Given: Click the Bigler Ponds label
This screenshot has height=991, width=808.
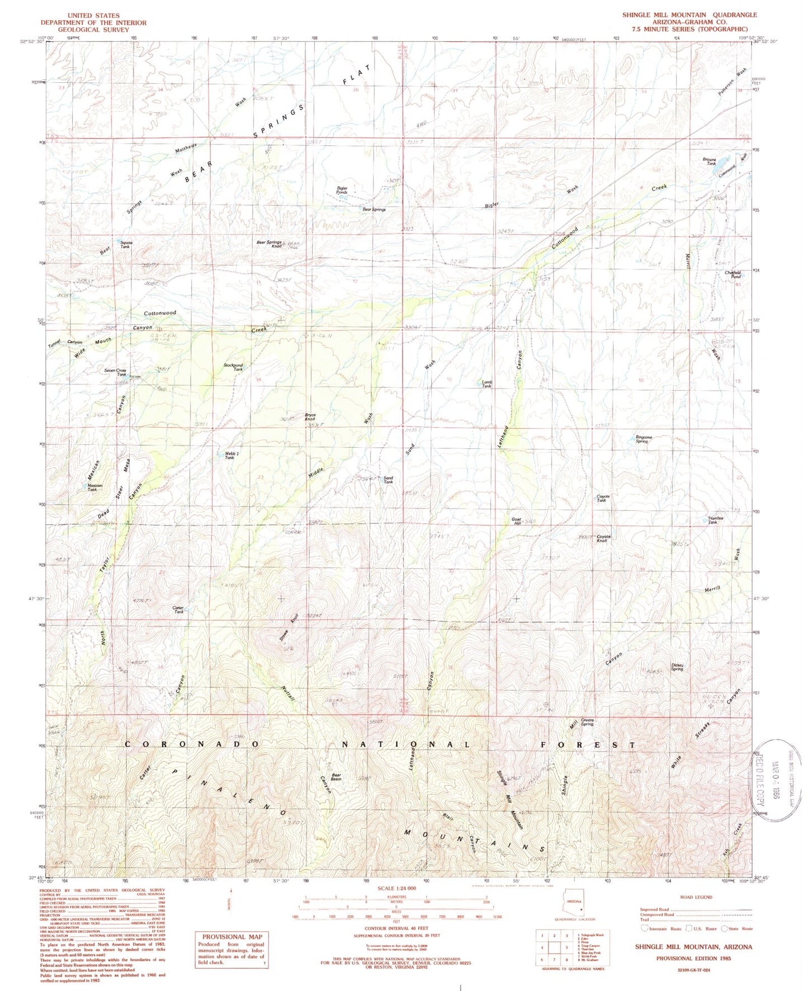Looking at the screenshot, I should click(342, 190).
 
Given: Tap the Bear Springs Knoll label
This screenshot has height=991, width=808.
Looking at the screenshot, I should click(269, 244).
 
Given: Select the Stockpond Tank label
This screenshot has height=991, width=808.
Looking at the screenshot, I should click(233, 367).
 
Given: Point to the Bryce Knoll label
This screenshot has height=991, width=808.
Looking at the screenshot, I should click(310, 417).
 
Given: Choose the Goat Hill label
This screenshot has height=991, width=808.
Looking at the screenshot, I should click(517, 521).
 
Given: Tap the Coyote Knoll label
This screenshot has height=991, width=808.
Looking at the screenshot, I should click(603, 539).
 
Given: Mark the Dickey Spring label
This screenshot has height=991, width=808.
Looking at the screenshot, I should click(677, 667).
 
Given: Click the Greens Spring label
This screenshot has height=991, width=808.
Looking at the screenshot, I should click(587, 722).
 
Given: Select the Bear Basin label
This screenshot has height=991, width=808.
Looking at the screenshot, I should click(336, 777).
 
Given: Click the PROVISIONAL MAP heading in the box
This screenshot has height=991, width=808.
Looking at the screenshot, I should click(231, 937).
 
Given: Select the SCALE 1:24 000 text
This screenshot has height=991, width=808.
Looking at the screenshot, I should click(396, 888).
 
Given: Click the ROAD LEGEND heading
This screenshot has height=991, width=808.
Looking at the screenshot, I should click(696, 897).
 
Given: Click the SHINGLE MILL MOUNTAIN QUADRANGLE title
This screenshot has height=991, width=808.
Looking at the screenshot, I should click(689, 15).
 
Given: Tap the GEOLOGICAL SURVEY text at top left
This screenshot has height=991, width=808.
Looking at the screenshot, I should click(93, 30).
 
